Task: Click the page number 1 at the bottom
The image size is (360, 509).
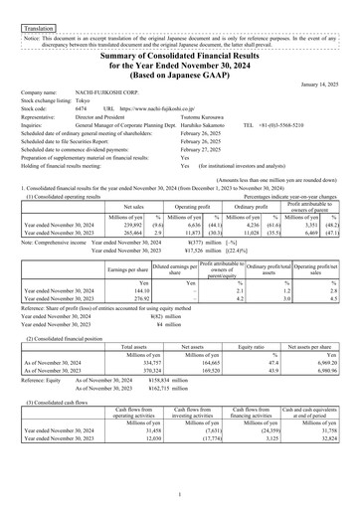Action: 180,494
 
